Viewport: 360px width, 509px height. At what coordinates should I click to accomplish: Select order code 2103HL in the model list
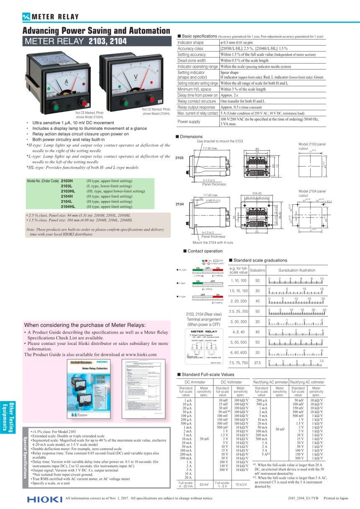point(68,191)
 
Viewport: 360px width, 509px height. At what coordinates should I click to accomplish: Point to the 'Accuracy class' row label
point(191,49)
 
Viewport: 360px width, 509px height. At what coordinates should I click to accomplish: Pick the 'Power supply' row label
point(189,122)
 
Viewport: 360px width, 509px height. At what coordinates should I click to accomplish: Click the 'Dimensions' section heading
point(191,136)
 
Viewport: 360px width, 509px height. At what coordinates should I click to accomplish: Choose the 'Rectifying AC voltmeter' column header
point(307,382)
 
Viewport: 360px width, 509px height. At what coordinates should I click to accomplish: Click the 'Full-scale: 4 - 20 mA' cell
point(186,484)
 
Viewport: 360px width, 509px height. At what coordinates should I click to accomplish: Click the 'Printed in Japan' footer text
point(337,498)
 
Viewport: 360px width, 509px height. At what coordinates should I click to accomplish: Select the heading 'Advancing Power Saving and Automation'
point(96,31)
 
